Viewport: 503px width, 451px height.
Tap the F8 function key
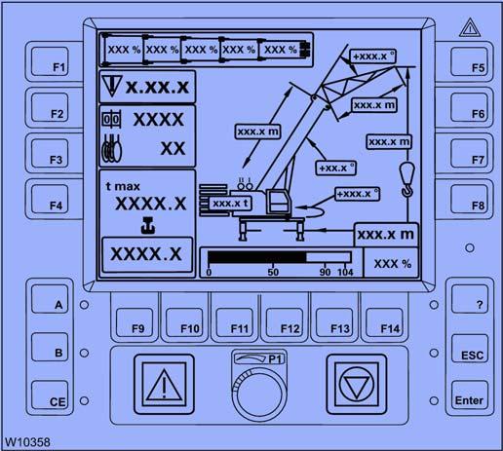469,199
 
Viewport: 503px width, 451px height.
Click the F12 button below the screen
285,322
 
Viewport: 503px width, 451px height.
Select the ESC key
470,348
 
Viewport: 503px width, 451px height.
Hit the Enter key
470,395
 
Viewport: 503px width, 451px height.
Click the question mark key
470,299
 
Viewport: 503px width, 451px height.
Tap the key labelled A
50,299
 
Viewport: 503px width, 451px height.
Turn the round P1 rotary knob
259,393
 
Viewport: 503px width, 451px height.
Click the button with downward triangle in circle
357,384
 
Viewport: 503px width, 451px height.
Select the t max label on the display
123,186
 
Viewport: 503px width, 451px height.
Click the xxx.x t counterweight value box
230,204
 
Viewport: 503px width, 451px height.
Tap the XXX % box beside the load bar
392,263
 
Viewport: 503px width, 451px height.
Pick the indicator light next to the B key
84,353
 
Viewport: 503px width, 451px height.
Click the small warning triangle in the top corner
470,28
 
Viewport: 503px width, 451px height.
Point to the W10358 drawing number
27,442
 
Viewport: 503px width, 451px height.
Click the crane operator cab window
278,201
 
